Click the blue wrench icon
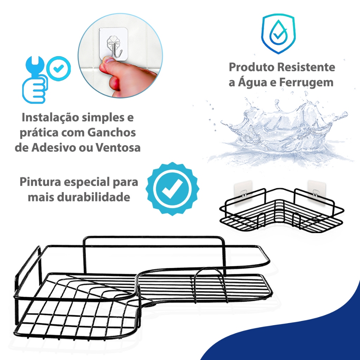click(x=34, y=79)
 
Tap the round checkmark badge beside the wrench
click(x=59, y=69)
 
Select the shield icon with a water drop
click(x=278, y=34)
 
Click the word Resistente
click(x=306, y=67)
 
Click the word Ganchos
click(x=112, y=133)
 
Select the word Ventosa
click(x=118, y=148)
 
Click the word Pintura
click(x=40, y=182)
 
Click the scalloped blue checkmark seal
click(x=172, y=189)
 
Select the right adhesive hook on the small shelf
click(x=316, y=193)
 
